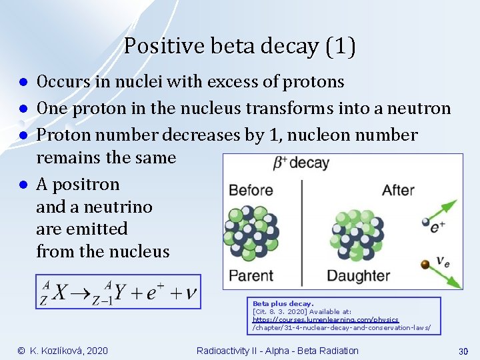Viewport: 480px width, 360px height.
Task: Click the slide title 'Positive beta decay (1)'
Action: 239,46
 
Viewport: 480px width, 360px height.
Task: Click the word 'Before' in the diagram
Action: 251,191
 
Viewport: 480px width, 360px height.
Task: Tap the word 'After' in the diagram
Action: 398,191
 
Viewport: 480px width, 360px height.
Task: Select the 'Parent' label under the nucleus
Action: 251,275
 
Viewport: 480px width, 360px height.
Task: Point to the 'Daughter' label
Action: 358,275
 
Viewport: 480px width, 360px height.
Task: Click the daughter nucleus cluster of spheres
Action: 355,233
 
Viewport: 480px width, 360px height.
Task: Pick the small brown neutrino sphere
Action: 425,265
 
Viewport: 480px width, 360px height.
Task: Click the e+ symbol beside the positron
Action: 438,227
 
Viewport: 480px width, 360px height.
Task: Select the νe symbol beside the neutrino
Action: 442,261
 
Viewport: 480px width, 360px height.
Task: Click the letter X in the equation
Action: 60,293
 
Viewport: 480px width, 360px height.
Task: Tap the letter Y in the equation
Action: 120,293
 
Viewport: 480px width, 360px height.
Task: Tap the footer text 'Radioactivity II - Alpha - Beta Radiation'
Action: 277,351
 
